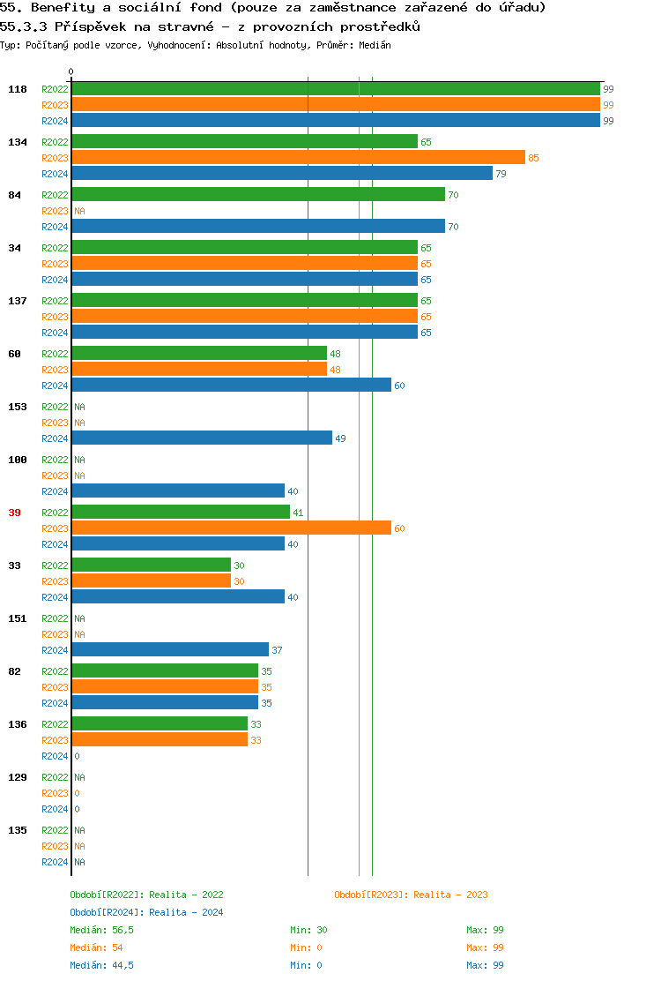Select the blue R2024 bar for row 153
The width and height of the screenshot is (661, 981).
pyautogui.click(x=202, y=438)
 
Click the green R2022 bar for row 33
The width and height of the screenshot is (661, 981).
pyautogui.click(x=151, y=565)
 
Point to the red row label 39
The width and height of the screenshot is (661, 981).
pyautogui.click(x=15, y=513)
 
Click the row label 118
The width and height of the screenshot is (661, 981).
pyautogui.click(x=18, y=89)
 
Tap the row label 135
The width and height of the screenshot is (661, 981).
pyautogui.click(x=18, y=830)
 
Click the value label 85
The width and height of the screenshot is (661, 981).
pyautogui.click(x=533, y=158)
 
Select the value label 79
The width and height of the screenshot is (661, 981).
pyautogui.click(x=501, y=174)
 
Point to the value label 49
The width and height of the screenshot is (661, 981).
pyautogui.click(x=340, y=438)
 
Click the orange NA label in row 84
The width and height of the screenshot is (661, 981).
pyautogui.click(x=79, y=211)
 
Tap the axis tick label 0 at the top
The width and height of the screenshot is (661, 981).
pyautogui.click(x=71, y=71)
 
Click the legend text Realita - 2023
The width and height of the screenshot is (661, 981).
pyautogui.click(x=450, y=895)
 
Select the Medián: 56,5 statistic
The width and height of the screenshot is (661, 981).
pyautogui.click(x=101, y=930)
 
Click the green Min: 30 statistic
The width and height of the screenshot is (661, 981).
pyautogui.click(x=308, y=930)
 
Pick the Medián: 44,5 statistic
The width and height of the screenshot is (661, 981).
pyautogui.click(x=101, y=965)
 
